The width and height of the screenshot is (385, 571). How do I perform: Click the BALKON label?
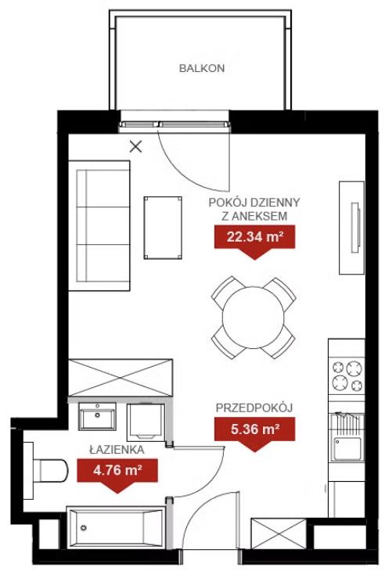click(202, 68)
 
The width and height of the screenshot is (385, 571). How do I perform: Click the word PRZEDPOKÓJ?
click(254, 408)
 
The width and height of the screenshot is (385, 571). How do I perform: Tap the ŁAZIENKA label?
click(117, 450)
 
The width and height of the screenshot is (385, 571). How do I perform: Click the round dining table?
click(254, 318)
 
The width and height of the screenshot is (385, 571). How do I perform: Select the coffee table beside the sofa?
click(163, 228)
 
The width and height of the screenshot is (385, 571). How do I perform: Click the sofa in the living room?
click(99, 226)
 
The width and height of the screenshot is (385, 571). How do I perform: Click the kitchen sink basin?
click(348, 449)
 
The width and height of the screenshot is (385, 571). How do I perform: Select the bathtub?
click(116, 527)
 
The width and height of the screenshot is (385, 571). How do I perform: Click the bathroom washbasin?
click(97, 416)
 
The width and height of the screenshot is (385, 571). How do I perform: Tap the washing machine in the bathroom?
click(146, 422)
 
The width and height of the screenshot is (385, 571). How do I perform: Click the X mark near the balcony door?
click(136, 147)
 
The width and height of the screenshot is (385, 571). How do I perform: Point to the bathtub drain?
click(84, 527)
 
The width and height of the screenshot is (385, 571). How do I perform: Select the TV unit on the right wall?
click(352, 228)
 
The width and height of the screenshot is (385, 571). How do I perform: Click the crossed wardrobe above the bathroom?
click(121, 377)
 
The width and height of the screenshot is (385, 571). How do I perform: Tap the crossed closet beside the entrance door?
click(279, 534)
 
